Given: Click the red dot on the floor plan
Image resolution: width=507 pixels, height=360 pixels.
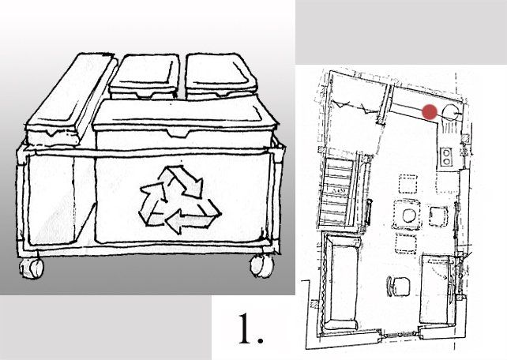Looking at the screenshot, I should (429, 112).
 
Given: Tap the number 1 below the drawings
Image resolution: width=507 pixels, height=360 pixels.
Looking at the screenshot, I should (250, 331).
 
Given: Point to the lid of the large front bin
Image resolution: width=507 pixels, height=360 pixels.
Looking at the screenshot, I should (183, 117).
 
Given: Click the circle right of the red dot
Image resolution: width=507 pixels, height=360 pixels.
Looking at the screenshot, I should (449, 111).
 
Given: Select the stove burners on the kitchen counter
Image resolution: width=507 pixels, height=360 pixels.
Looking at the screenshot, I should (447, 156).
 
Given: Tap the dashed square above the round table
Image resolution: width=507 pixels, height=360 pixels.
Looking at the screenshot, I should (408, 183).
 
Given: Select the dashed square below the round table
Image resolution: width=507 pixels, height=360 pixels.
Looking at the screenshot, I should (408, 242).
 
